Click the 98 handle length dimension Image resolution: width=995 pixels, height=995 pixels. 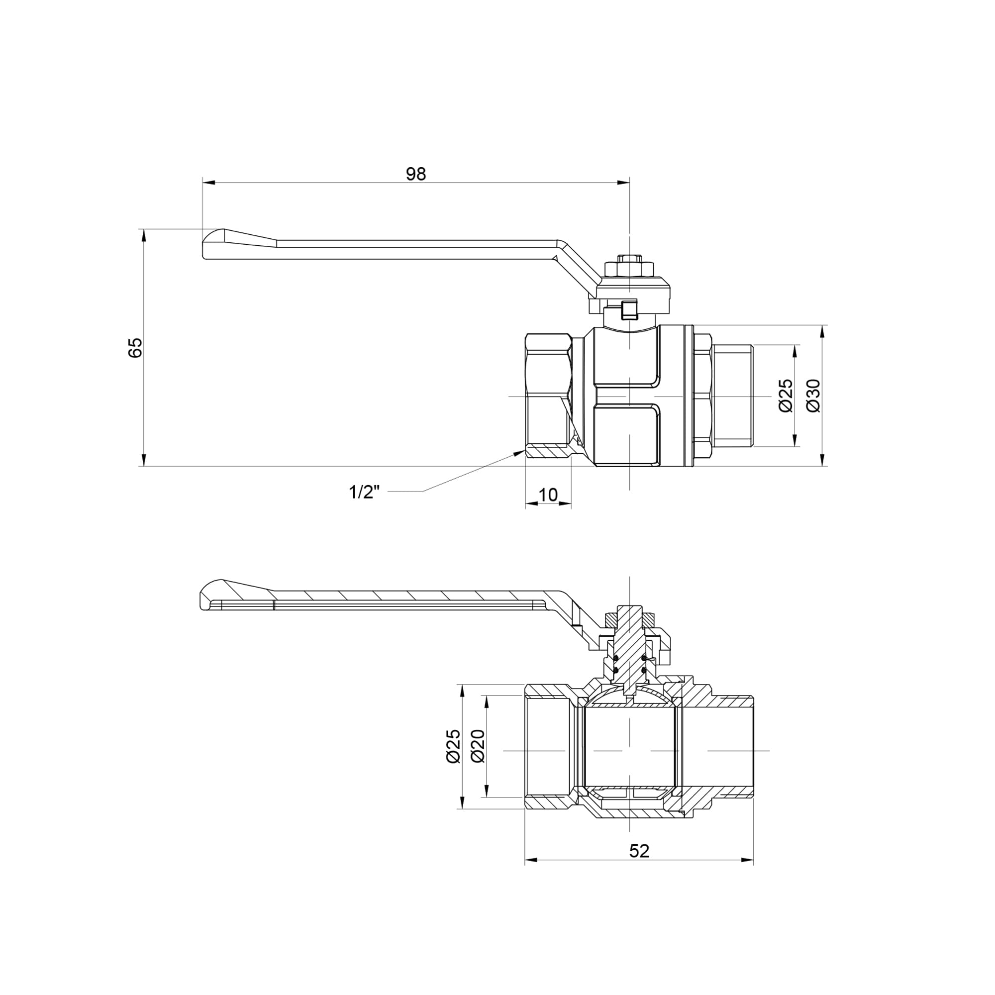(415, 174)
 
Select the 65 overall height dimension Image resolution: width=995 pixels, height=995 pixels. (135, 348)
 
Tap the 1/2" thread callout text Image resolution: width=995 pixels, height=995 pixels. (364, 492)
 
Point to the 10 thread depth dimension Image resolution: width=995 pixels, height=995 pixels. (548, 495)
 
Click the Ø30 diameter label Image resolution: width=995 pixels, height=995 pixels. (813, 396)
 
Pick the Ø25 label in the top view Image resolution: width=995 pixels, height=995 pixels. (786, 396)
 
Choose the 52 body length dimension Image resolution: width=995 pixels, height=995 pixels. (639, 851)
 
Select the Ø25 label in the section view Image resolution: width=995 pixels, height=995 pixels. (453, 746)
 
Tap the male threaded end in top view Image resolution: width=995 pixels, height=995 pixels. (733, 396)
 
